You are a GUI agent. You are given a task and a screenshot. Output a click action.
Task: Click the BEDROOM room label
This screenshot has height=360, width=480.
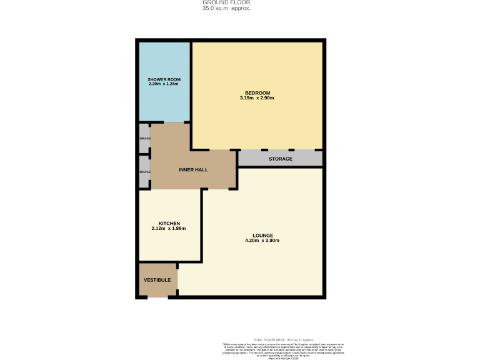click(x=257, y=93)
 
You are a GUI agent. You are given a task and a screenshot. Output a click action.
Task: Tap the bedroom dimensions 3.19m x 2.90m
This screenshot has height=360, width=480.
click(x=257, y=98)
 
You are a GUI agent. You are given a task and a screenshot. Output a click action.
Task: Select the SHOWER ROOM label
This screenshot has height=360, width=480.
click(x=164, y=79)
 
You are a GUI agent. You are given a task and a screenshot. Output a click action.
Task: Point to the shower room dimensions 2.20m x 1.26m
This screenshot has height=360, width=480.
click(x=164, y=84)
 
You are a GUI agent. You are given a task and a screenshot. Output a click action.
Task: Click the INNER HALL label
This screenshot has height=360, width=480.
click(x=193, y=169)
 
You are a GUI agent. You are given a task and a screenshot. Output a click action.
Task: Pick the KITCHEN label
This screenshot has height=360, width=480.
click(x=169, y=223)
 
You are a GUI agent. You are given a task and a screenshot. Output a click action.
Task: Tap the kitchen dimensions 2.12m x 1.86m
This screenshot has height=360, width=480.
click(x=169, y=228)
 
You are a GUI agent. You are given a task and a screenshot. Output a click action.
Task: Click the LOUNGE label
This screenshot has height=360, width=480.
click(x=262, y=235)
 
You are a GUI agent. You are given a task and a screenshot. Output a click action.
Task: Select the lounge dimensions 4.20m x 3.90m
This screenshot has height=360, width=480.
click(x=262, y=240)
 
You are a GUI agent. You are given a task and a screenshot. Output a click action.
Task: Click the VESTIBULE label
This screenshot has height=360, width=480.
click(x=157, y=279)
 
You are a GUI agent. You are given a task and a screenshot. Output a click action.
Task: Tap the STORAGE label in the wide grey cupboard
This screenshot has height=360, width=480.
click(x=280, y=159)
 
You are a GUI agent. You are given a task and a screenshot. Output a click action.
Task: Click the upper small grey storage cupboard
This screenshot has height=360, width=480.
click(x=144, y=139)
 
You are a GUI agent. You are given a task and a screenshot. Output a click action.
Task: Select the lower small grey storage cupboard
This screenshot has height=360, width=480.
click(x=144, y=172)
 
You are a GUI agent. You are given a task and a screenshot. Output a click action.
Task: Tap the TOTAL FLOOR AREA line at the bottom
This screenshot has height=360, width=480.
click(x=282, y=339)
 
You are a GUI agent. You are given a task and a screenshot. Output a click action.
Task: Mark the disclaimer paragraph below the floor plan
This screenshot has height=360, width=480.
click(x=282, y=350)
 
